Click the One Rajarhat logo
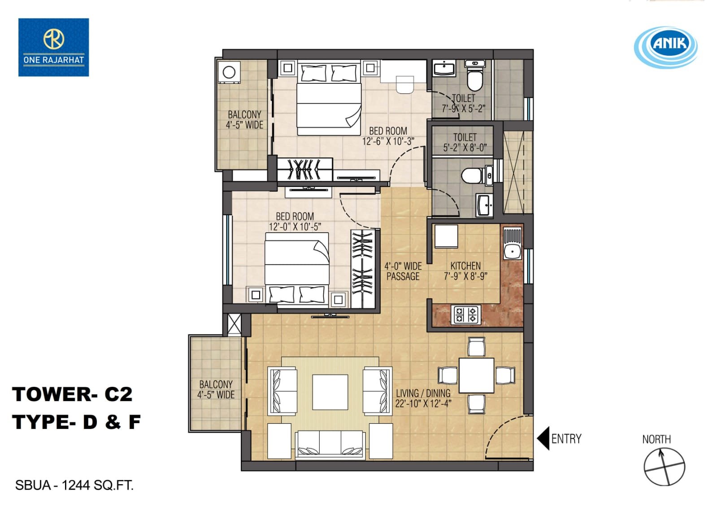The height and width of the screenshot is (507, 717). pyautogui.click(x=53, y=48)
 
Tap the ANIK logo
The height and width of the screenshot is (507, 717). pyautogui.click(x=666, y=48)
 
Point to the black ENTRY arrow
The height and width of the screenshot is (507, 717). pyautogui.click(x=543, y=438)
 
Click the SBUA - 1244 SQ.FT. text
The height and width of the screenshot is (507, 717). pyautogui.click(x=74, y=485)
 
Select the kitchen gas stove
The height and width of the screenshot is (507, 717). pyautogui.click(x=466, y=315)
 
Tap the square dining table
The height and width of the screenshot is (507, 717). pyautogui.click(x=476, y=376)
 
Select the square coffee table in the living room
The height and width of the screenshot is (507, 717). pyautogui.click(x=330, y=392)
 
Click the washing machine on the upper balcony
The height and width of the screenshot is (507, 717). pyautogui.click(x=229, y=72)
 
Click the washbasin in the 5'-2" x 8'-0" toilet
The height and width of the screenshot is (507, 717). pyautogui.click(x=484, y=205)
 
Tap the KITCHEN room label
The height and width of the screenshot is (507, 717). pyautogui.click(x=465, y=266)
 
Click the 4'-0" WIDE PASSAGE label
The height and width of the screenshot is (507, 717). pyautogui.click(x=403, y=271)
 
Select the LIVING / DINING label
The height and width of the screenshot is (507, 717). pyautogui.click(x=423, y=393)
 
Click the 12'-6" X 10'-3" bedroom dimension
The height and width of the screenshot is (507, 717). pyautogui.click(x=388, y=141)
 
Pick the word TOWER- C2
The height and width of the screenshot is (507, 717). pyautogui.click(x=72, y=394)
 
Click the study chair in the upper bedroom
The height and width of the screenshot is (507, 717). pyautogui.click(x=405, y=85)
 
